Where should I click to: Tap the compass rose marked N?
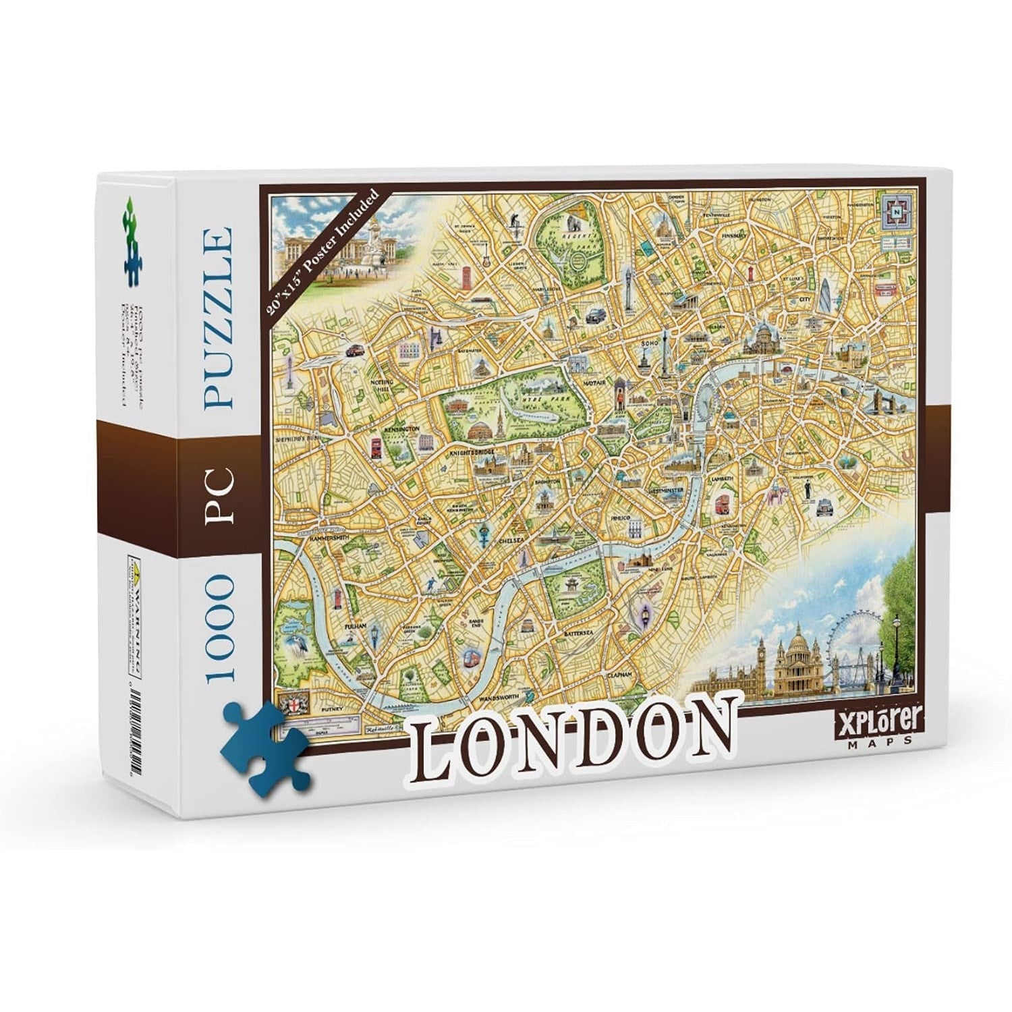coord(897,210)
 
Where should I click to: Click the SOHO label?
coord(648,345)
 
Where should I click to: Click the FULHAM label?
coord(355,627)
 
